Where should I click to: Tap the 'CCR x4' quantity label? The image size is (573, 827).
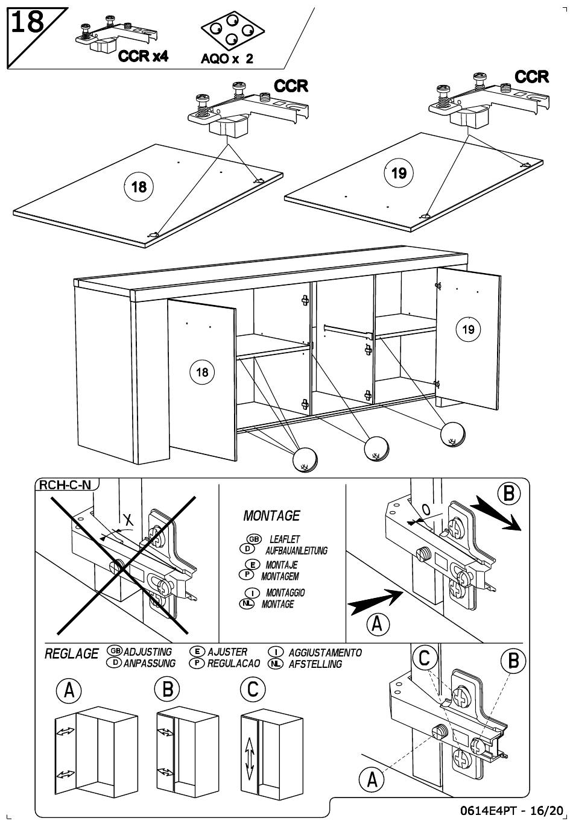tap(143, 57)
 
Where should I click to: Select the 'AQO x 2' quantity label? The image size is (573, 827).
tap(227, 58)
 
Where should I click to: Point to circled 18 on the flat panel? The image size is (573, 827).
tap(139, 187)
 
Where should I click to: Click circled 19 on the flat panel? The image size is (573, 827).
tap(399, 173)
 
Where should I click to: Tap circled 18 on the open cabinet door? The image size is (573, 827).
tap(202, 372)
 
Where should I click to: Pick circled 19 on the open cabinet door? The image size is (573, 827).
tap(468, 329)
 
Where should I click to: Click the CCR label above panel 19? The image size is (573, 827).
tap(531, 77)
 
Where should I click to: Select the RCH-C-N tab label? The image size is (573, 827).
tap(65, 485)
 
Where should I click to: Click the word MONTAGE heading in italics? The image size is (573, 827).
tap(271, 516)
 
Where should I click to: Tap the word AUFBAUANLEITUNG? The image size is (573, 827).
tap(296, 550)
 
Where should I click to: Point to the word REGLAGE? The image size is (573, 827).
tap(72, 654)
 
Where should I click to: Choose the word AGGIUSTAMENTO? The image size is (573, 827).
tap(325, 652)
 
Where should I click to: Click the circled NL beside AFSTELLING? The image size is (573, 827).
tap(276, 664)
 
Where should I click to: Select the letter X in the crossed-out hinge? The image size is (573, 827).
tap(128, 520)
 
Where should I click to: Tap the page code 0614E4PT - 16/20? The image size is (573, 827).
tap(511, 811)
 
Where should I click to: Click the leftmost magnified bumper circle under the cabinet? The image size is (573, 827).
tap(305, 459)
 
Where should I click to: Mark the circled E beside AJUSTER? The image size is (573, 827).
tap(197, 652)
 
